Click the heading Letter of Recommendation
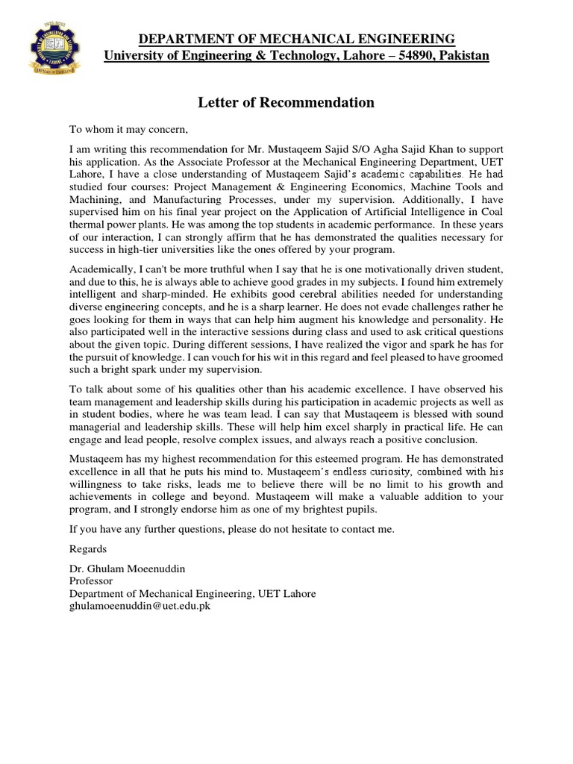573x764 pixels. click(x=286, y=102)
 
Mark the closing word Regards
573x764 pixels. click(x=88, y=548)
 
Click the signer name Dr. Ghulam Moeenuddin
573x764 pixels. click(x=128, y=569)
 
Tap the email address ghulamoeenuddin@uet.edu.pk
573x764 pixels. click(x=140, y=605)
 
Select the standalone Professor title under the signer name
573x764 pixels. click(x=90, y=580)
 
